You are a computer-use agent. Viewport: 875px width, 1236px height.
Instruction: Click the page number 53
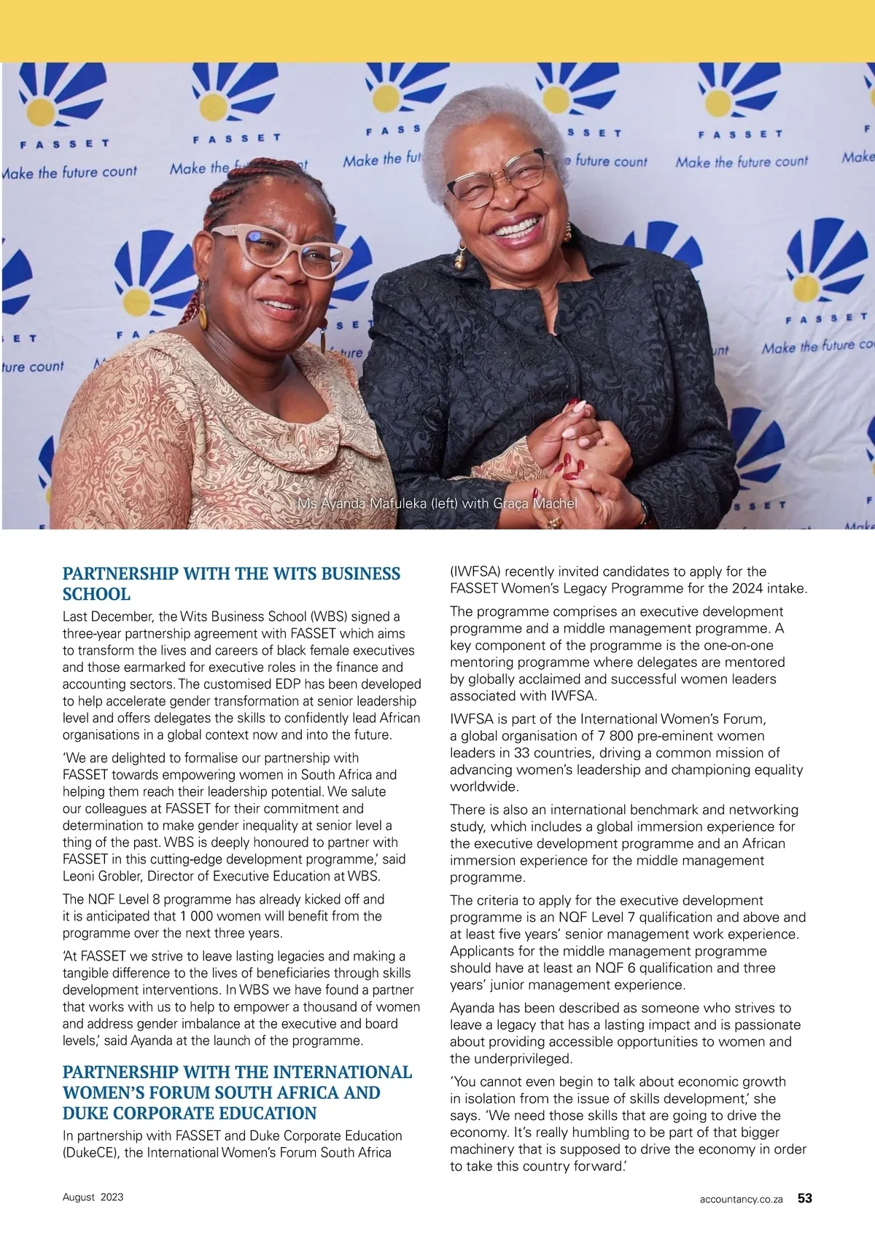click(804, 1198)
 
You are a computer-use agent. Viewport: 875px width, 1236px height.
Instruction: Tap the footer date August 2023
click(93, 1197)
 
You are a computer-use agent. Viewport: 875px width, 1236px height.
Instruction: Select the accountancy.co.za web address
click(741, 1199)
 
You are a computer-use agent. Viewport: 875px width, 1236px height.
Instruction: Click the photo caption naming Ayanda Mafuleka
click(437, 504)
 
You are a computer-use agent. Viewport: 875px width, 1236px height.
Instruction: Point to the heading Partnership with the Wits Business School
click(231, 583)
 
